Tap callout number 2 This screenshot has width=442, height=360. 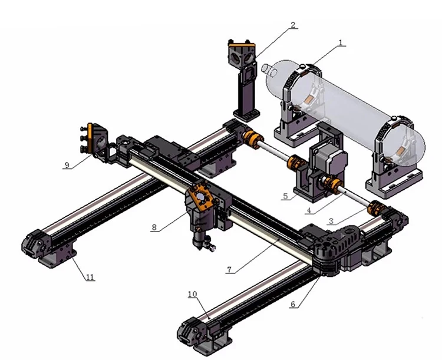point(293,25)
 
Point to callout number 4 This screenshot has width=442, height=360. point(309,209)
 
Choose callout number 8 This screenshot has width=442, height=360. point(154,227)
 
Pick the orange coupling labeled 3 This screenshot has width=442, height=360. point(375,209)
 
